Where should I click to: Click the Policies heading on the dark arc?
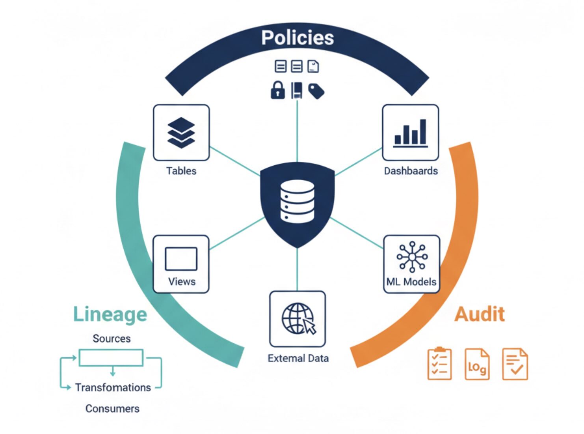298,38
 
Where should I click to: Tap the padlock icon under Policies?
278,90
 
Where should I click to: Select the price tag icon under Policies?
316,91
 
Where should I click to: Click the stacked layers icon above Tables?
181,133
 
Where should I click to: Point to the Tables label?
181,171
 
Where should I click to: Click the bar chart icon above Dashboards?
411,133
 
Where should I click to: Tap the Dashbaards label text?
411,171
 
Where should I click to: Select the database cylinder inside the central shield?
298,201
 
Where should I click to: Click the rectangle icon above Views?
181,259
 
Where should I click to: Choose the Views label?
182,282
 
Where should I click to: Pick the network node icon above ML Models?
412,257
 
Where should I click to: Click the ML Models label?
411,282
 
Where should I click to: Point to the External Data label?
298,358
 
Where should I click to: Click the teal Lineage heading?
110,315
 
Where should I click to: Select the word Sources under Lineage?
112,339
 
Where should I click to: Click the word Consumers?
112,408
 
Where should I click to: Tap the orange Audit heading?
480,314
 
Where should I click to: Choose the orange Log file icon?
477,364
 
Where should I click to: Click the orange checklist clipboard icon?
439,364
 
